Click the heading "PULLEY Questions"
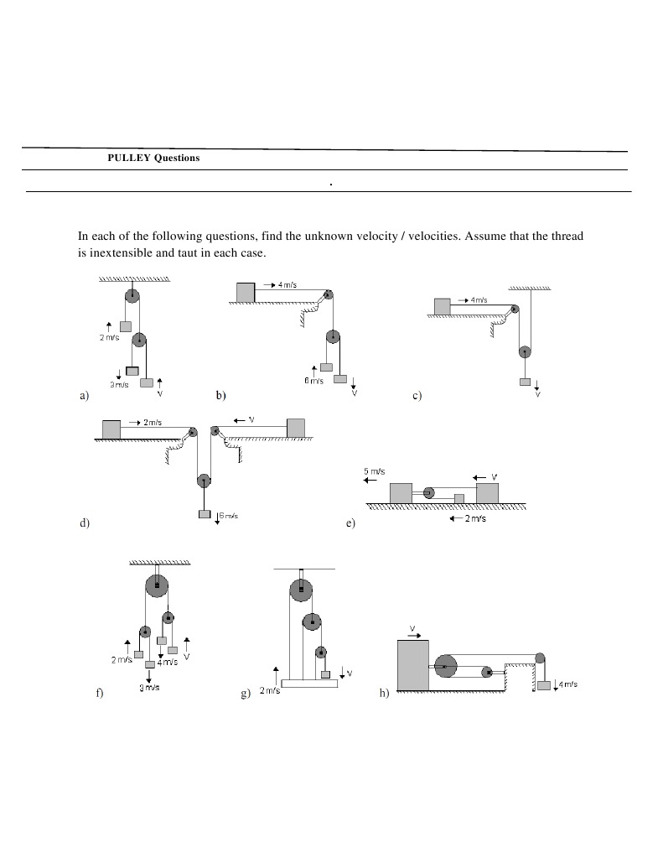153,158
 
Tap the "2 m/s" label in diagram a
109,337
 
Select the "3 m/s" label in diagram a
119,384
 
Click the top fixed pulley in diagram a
132,294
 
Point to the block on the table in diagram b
245,292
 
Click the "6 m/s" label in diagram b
313,381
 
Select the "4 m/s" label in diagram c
479,299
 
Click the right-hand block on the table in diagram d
295,428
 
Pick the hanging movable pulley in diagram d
204,481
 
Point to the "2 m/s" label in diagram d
152,422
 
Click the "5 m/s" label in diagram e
375,471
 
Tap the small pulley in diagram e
429,492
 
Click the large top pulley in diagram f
157,585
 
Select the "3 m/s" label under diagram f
149,688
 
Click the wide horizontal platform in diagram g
309,683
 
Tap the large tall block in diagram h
412,664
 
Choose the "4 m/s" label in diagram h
567,684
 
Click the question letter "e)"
350,523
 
